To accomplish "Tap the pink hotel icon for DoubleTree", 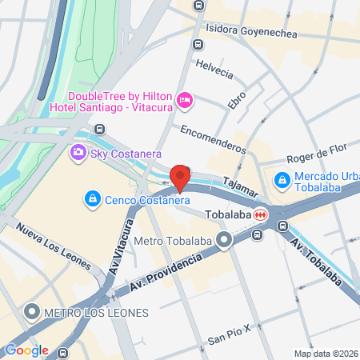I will click(x=185, y=99).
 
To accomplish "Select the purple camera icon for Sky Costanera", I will click(x=78, y=153).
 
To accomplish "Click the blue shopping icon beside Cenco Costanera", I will click(x=94, y=199).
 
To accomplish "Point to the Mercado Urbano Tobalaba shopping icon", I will click(x=282, y=181).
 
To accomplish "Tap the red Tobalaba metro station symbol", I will click(x=262, y=215).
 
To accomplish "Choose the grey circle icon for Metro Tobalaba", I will click(x=226, y=239).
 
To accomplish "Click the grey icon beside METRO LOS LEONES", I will click(x=32, y=311).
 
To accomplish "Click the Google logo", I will click(x=26, y=350).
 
